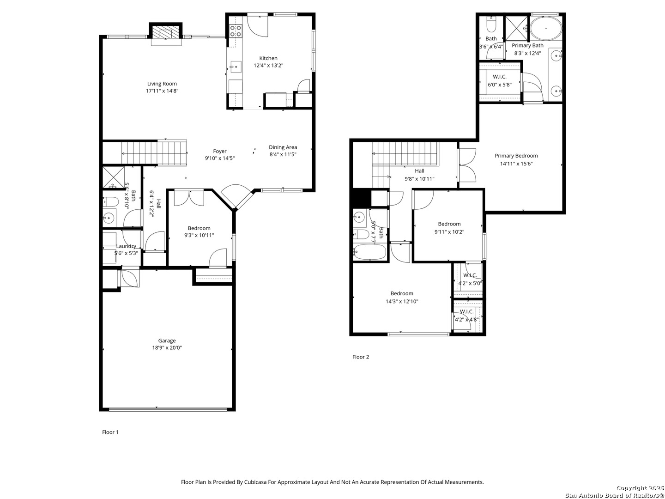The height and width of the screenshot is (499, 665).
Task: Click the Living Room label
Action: point(162,84)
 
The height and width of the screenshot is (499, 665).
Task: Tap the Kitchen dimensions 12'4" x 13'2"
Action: point(268,65)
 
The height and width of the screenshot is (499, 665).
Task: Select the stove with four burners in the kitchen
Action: point(236,31)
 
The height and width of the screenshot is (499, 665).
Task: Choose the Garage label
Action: point(167,341)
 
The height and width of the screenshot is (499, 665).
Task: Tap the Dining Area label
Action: point(283,147)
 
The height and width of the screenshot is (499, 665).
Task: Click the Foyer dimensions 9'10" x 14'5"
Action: point(220,158)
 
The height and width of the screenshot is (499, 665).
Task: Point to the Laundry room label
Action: point(126,246)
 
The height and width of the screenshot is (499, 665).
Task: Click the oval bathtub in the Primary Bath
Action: point(546,28)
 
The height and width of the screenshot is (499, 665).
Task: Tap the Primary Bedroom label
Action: point(516,156)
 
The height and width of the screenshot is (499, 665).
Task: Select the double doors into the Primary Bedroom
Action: point(467,165)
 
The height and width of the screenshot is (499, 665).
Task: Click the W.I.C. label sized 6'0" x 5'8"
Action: point(500,77)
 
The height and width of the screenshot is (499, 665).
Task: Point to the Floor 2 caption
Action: point(361,357)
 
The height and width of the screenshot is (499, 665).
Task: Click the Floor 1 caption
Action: point(110,432)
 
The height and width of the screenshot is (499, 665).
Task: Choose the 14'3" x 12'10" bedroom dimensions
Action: point(402,301)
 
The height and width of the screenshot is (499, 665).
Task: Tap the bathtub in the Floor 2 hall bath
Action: point(370,252)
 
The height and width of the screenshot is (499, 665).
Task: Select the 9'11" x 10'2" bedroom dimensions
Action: point(449,232)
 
